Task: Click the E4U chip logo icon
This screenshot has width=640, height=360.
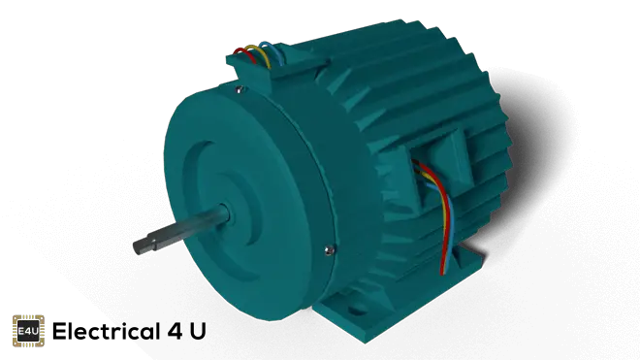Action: click(28, 331)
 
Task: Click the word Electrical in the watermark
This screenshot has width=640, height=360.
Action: click(106, 331)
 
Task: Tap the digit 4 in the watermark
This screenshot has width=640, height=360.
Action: click(176, 332)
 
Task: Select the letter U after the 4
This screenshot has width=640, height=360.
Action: click(198, 332)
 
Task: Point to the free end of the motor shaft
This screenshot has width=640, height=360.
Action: click(137, 247)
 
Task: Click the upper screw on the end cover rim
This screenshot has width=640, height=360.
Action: click(240, 88)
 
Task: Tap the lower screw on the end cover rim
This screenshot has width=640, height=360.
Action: click(329, 250)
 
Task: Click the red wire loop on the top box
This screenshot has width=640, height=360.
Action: click(244, 54)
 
